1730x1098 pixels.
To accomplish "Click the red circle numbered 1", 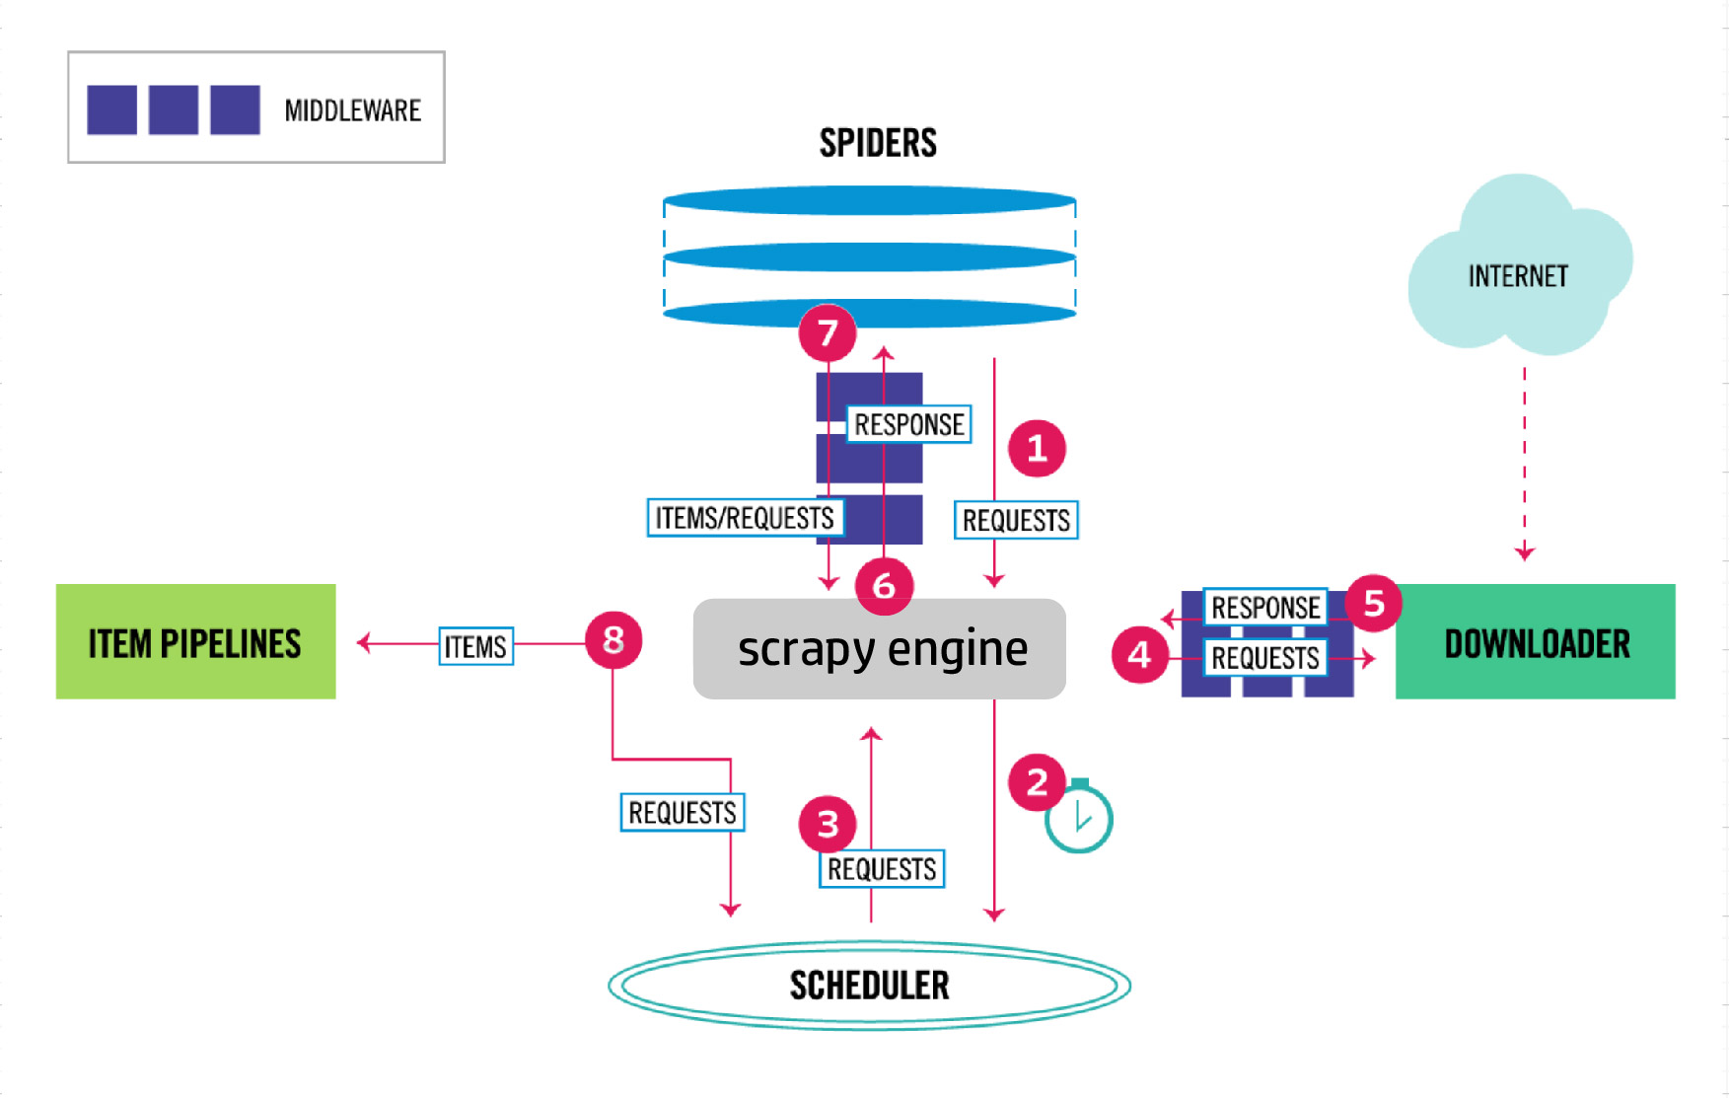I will pyautogui.click(x=1037, y=449).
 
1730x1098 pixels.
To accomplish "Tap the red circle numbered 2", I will pyautogui.click(x=1037, y=782).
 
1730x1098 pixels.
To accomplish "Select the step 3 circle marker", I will pyautogui.click(x=828, y=824).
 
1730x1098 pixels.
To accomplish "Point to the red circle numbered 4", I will pyautogui.click(x=1139, y=654).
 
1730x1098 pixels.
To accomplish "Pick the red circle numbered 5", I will pyautogui.click(x=1373, y=603).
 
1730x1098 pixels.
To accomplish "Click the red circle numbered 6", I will pyautogui.click(x=884, y=585).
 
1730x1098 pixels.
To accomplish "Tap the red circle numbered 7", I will pyautogui.click(x=828, y=332).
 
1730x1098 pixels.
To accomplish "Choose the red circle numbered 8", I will pyautogui.click(x=613, y=639).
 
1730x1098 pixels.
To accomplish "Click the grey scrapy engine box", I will pyautogui.click(x=880, y=649).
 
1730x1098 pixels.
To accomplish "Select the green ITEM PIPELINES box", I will pyautogui.click(x=195, y=642).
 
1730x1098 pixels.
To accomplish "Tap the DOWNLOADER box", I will pyautogui.click(x=1535, y=642).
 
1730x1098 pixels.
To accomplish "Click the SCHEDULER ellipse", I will pyautogui.click(x=869, y=985).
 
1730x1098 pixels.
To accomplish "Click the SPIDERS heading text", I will pyautogui.click(x=878, y=143).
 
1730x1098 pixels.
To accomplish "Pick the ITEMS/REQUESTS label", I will pyautogui.click(x=745, y=518).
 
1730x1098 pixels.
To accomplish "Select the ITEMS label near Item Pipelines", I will pyautogui.click(x=475, y=646).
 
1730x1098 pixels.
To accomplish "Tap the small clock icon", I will pyautogui.click(x=1079, y=818).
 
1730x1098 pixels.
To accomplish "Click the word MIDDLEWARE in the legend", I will pyautogui.click(x=352, y=110).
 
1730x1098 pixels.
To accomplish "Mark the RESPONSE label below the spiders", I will pyautogui.click(x=908, y=424).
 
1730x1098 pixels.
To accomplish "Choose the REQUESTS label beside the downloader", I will pyautogui.click(x=1264, y=658).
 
